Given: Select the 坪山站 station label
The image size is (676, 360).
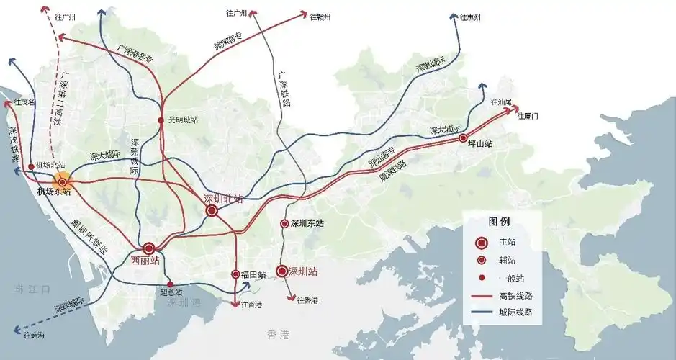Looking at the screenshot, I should [479, 144].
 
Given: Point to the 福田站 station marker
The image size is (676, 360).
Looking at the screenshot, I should [235, 274].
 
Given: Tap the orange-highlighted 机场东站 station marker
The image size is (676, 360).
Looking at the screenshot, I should [63, 182].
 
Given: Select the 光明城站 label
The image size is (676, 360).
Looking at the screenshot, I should [181, 120].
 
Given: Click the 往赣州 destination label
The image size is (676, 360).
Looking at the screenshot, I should [320, 16].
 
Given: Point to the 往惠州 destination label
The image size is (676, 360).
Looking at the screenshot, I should [470, 17].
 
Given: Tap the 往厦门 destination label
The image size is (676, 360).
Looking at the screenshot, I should [528, 116].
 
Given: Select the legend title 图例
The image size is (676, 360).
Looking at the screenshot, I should [499, 220].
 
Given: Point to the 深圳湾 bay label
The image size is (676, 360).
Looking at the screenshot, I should [183, 303].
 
